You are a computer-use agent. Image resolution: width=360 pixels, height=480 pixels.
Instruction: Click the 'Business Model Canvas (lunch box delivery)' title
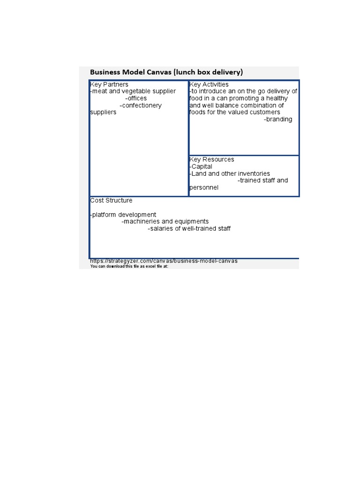166,72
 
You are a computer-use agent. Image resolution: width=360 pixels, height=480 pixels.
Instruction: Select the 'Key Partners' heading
109,84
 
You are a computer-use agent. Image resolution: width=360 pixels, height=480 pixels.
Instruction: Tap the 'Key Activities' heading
209,84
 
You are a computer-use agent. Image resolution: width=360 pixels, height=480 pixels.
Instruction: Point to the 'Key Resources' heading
212,159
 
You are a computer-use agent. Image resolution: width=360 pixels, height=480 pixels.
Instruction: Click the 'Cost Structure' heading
111,201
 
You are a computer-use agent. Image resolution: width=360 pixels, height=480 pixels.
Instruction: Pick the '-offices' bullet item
136,98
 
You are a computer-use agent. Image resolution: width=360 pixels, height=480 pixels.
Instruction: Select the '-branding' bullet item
278,120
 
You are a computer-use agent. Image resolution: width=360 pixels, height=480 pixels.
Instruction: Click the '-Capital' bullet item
201,166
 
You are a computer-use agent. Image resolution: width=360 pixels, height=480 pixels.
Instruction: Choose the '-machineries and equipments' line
165,222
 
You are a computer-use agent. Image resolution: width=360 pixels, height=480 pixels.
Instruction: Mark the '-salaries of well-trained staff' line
189,229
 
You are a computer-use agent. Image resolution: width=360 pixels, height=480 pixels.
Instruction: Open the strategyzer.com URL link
164,261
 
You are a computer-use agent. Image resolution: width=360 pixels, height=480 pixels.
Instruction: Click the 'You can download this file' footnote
129,266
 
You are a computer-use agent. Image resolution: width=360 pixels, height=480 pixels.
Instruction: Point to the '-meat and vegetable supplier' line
133,91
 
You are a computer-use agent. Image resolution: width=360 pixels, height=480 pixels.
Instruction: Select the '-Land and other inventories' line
230,173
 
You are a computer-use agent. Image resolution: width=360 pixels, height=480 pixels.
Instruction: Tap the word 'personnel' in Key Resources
204,187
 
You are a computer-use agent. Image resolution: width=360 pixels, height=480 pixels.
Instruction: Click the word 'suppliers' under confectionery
103,112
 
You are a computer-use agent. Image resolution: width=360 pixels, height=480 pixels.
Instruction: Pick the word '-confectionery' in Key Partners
141,105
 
